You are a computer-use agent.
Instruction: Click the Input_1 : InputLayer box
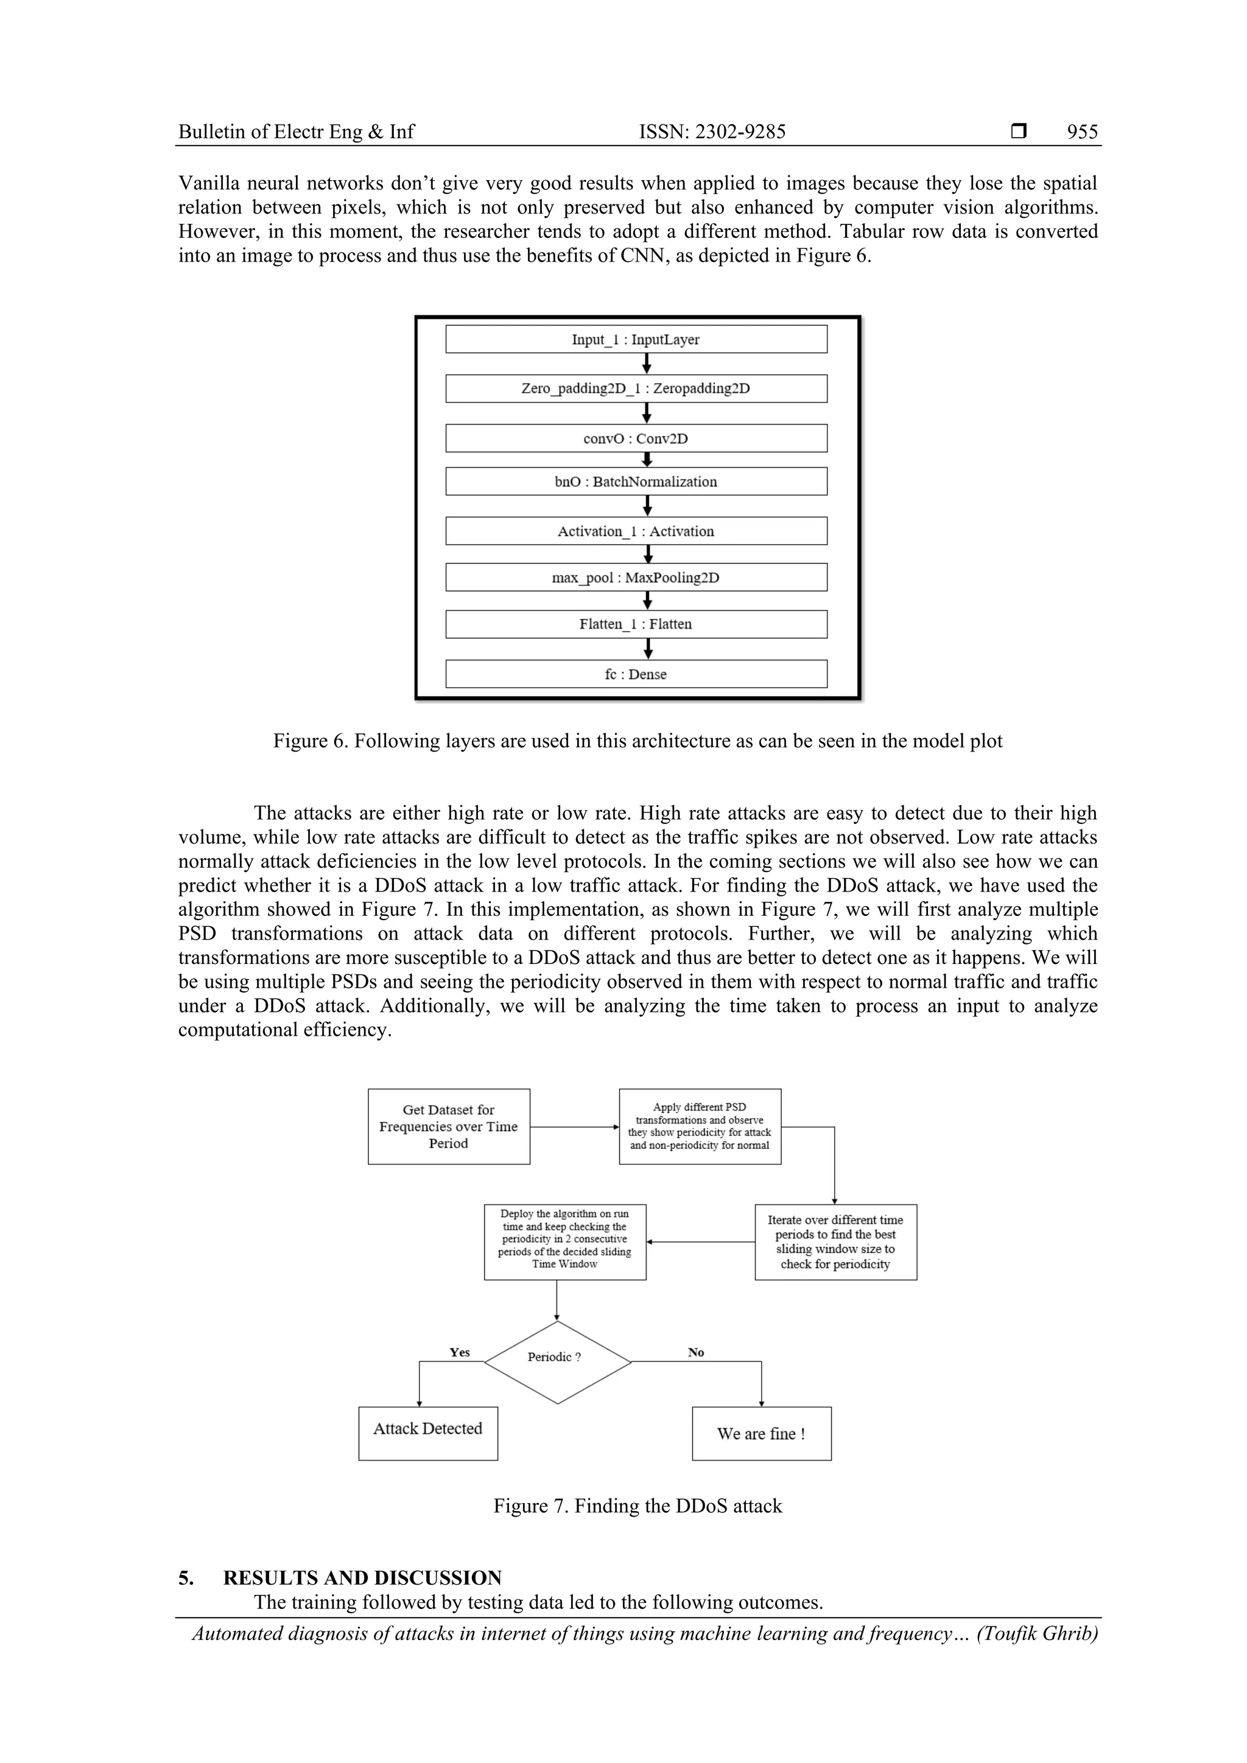(636, 340)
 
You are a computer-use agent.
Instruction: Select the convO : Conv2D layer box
(636, 438)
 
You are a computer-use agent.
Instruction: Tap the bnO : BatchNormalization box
(636, 481)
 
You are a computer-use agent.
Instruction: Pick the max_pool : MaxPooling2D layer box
(636, 578)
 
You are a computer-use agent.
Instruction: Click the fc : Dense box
(636, 674)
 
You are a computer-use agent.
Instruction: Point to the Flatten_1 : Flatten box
(636, 624)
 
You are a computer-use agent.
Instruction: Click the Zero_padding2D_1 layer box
(636, 388)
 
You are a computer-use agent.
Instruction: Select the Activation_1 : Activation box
(636, 531)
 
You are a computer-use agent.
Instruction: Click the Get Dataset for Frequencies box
(449, 1126)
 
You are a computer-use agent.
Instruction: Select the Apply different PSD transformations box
(700, 1126)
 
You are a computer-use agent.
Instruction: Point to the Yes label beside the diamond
(460, 1352)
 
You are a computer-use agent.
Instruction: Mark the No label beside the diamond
(696, 1352)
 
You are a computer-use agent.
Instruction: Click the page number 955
(1082, 132)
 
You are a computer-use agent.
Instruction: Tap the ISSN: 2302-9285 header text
(712, 132)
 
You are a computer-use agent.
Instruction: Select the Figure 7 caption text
(637, 1506)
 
